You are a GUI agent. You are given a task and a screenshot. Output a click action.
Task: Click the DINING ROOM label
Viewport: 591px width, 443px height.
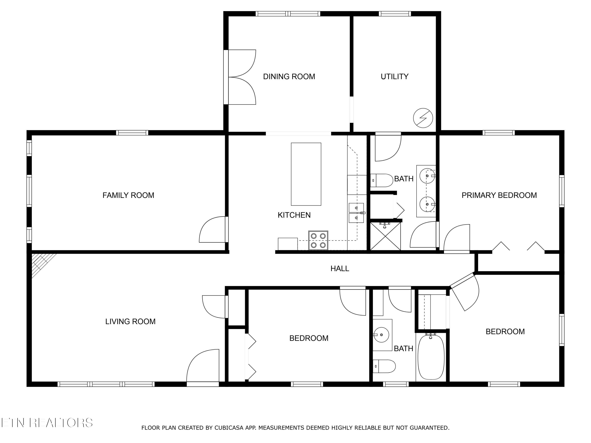tap(289, 77)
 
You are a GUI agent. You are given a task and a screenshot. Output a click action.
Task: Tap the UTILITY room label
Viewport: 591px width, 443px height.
tap(395, 77)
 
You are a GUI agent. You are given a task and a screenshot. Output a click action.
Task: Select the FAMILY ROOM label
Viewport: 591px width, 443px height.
tap(128, 195)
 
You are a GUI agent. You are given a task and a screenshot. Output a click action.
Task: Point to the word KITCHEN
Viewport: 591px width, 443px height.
tap(294, 215)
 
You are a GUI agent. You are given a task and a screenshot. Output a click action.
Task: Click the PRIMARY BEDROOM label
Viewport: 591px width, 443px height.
tap(499, 195)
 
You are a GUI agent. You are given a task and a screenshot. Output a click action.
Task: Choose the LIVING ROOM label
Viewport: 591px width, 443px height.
tap(130, 321)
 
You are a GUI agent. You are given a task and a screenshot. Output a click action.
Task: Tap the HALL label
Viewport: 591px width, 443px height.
tap(340, 268)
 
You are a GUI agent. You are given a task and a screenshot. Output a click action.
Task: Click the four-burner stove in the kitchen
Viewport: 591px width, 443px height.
tap(318, 240)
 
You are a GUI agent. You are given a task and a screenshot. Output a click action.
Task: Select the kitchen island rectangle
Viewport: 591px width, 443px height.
tap(306, 174)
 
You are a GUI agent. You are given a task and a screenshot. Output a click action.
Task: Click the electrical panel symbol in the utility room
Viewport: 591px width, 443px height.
tap(423, 118)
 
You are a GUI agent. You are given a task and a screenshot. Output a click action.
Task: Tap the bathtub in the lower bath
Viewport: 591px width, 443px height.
tap(431, 357)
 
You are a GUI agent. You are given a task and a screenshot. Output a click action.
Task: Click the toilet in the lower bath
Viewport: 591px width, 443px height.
tap(384, 366)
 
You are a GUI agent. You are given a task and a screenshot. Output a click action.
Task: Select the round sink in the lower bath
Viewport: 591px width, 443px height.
tap(382, 334)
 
